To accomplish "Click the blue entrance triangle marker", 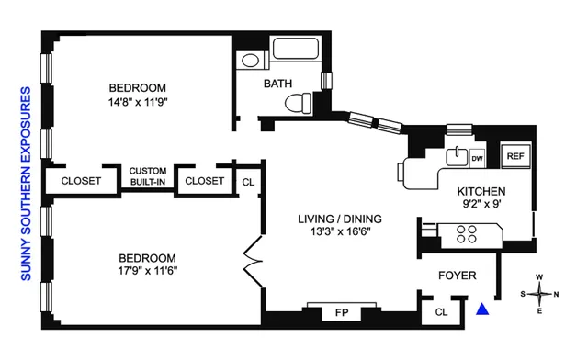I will click(x=481, y=310).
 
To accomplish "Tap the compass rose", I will click(x=543, y=295).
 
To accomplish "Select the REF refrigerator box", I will click(x=515, y=156).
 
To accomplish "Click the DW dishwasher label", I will click(x=477, y=158).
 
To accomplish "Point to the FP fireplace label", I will click(x=342, y=313).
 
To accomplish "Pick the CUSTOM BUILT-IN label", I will click(x=147, y=176).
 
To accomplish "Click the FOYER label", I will click(x=455, y=274).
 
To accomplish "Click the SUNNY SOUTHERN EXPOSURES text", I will click(x=26, y=184).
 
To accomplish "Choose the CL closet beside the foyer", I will click(x=442, y=312).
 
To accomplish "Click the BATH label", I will click(x=278, y=84).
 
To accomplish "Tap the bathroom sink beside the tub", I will click(x=248, y=62).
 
